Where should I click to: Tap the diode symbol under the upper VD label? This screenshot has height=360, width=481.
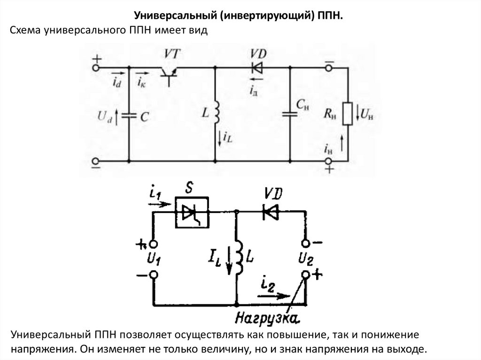pos(256,68)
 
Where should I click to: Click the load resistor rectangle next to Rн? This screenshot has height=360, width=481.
pos(348,113)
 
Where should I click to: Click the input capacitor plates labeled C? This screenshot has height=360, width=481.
pos(129,115)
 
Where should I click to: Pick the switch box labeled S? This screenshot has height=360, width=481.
pos(192,212)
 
